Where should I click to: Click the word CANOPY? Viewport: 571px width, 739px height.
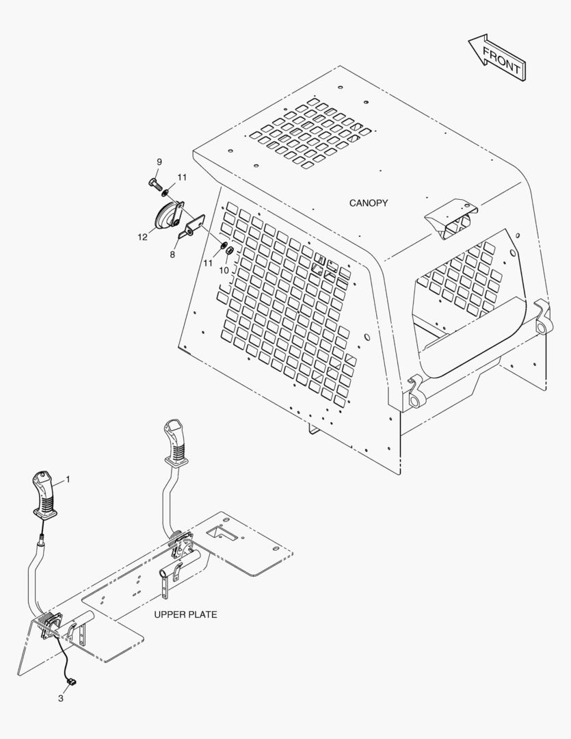point(369,203)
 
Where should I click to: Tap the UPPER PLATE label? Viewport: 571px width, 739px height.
point(185,614)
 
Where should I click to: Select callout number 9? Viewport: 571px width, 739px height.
point(159,162)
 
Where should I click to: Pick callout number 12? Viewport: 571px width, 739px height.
point(142,237)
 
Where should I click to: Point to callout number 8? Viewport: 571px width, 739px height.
point(172,255)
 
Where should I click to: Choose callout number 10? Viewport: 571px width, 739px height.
point(224,270)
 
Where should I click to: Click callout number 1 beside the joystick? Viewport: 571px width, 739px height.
point(68,479)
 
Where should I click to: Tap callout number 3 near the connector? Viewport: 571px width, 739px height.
point(61,699)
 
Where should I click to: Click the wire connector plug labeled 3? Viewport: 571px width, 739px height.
point(70,682)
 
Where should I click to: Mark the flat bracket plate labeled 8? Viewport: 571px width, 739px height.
point(192,225)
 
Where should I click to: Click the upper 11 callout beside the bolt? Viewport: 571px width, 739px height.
point(182,177)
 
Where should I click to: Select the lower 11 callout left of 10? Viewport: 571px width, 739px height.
point(208,263)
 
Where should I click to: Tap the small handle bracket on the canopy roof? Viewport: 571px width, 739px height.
point(451,218)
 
